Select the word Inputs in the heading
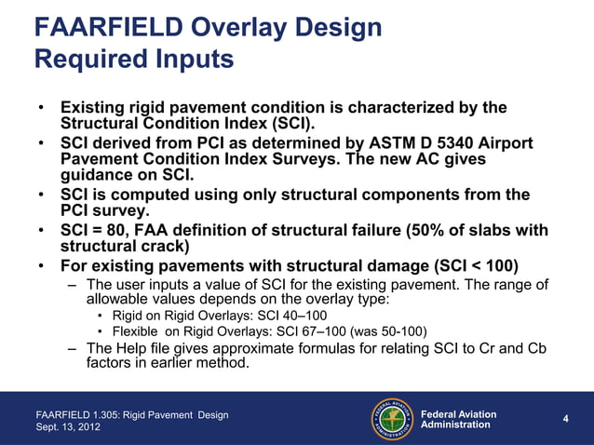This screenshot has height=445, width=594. coord(193,61)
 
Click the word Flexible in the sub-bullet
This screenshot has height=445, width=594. coord(139,330)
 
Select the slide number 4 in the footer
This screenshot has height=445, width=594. coord(565,420)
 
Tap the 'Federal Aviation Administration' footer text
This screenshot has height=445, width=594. coord(458,419)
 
